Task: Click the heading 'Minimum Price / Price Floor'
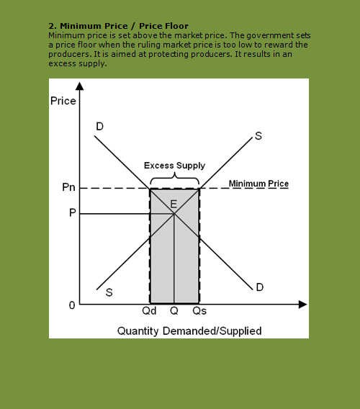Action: [x=118, y=26]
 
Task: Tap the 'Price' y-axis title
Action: [x=63, y=101]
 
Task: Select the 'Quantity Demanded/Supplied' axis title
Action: [x=189, y=331]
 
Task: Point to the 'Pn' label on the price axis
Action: [x=68, y=188]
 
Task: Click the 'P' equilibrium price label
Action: [x=73, y=214]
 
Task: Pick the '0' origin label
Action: [x=71, y=305]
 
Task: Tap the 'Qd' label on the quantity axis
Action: [x=150, y=313]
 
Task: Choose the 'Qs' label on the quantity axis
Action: [x=199, y=313]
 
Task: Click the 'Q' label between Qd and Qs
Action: [x=174, y=313]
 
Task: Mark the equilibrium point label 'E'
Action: [x=174, y=204]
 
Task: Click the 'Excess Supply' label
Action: [x=174, y=165]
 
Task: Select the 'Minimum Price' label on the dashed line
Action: [x=258, y=184]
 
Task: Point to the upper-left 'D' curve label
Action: [x=99, y=127]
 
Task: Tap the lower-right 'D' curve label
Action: [x=259, y=287]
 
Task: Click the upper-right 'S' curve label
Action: [x=258, y=137]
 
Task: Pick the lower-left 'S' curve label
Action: [x=109, y=292]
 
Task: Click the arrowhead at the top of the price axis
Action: [x=79, y=86]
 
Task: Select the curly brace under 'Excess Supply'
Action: [x=174, y=176]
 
